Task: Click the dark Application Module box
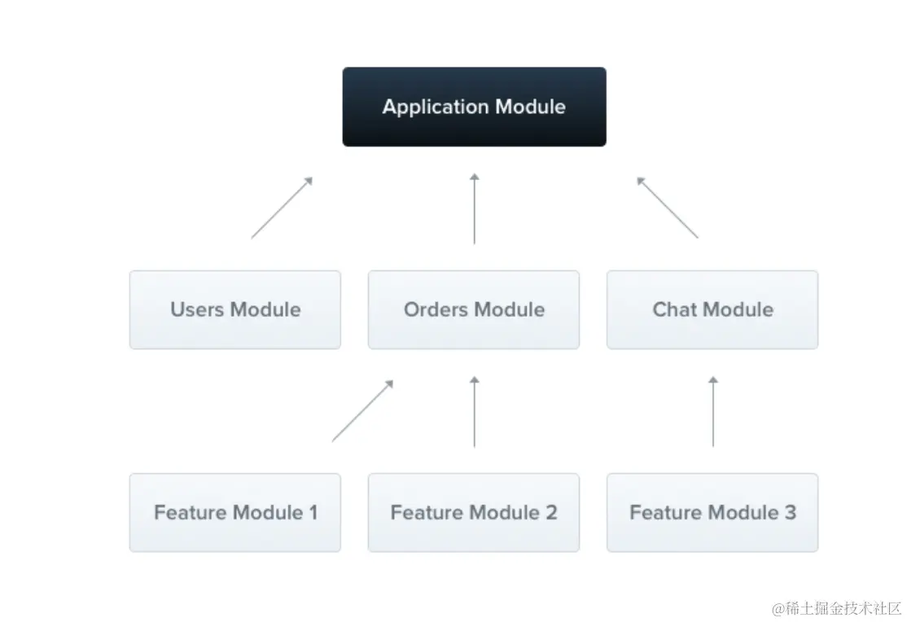point(475,107)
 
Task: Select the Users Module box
point(234,309)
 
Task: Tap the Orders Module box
point(474,309)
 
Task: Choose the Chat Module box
point(712,309)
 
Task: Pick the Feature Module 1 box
point(234,513)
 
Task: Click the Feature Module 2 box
point(474,513)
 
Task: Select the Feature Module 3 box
point(712,513)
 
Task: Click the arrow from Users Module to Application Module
point(282,208)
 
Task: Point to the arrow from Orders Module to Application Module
point(475,208)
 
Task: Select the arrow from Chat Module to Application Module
point(668,208)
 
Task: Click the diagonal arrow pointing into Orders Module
point(362,411)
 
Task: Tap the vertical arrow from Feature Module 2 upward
point(475,411)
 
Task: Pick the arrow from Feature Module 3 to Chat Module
point(713,411)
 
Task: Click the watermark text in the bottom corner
point(836,608)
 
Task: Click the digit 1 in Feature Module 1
point(313,513)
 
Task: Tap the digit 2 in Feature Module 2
point(551,513)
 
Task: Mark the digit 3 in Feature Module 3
point(790,513)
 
